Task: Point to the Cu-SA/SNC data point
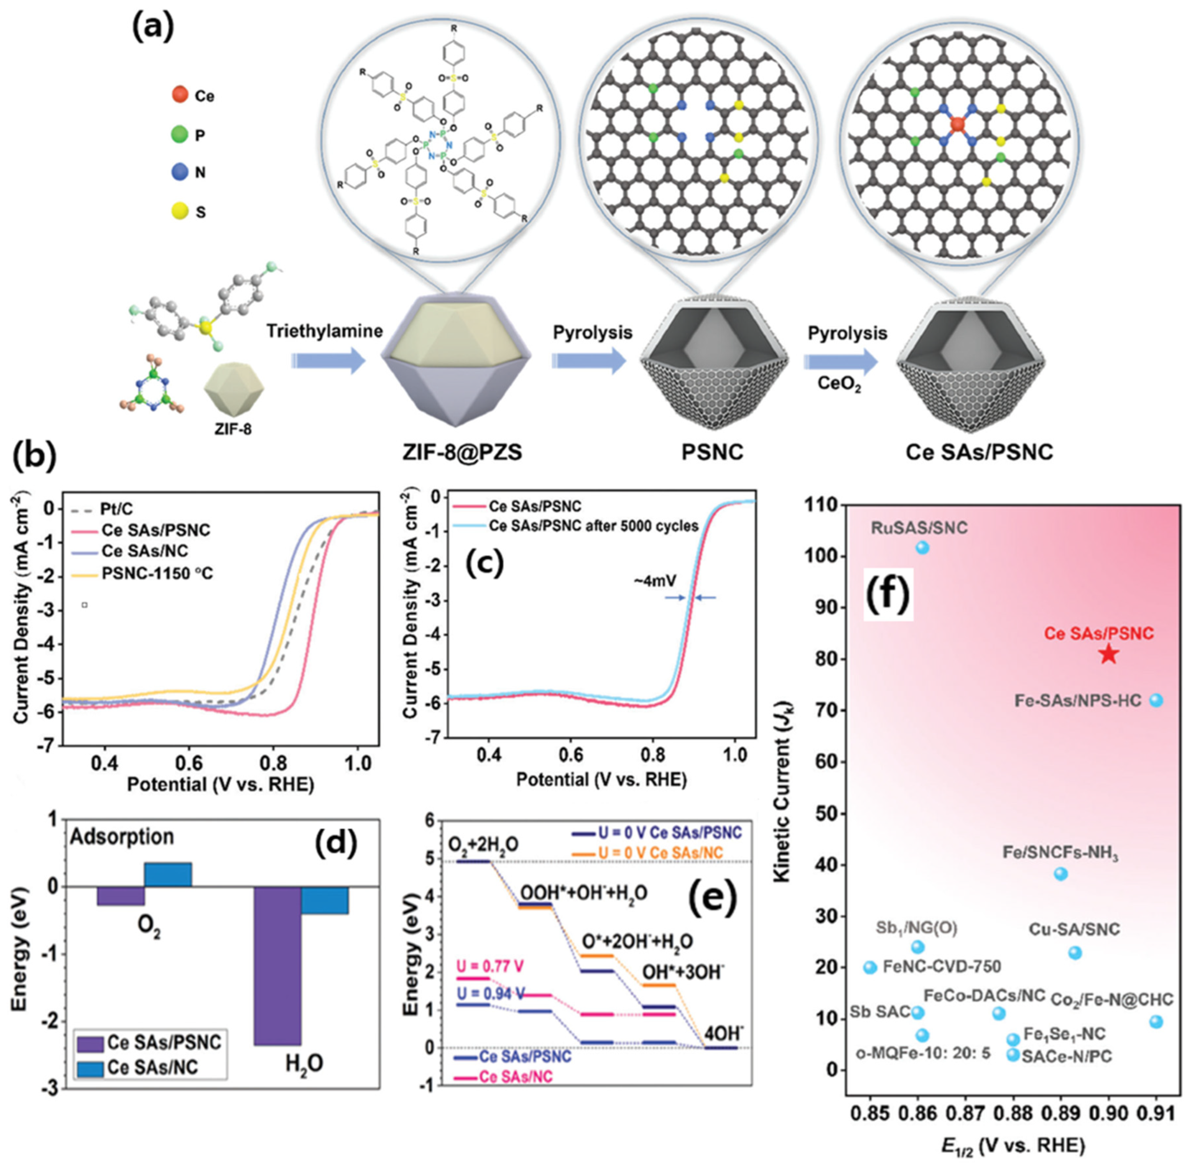[x=1074, y=953]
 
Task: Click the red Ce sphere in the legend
[x=180, y=95]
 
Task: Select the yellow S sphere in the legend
[x=180, y=212]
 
